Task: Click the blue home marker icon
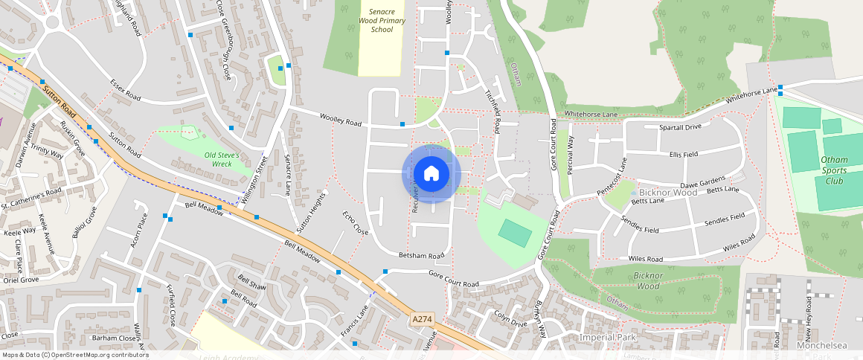pos(431,174)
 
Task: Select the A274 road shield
pos(422,319)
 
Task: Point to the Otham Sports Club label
pos(834,170)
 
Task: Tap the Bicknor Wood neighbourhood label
pos(664,193)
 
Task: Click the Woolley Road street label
pos(340,118)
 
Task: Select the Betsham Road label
pos(421,255)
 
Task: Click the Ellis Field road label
pos(683,154)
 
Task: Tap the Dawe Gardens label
pos(702,183)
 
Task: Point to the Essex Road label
pos(125,90)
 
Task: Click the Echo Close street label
pos(356,223)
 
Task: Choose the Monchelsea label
pos(822,346)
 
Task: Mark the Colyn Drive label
pos(510,318)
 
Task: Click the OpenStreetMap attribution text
pos(74,355)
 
